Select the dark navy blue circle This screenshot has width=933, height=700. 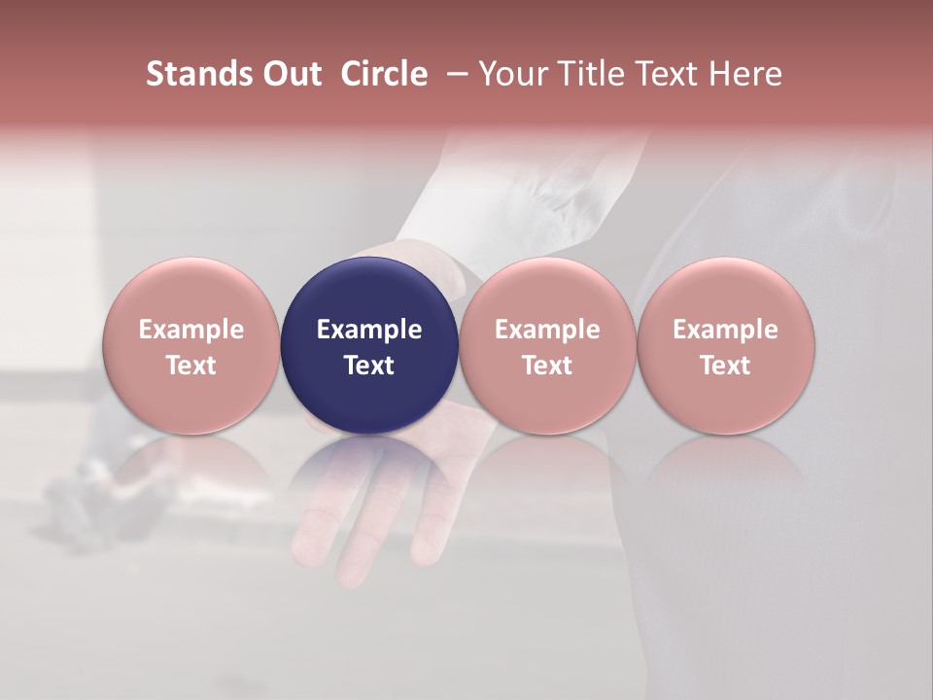(x=369, y=346)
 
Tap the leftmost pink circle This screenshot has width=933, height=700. (x=191, y=346)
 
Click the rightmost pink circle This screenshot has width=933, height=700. (x=726, y=346)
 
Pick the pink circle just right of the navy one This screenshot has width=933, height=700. (x=547, y=346)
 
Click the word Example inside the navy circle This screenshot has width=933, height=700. (x=369, y=330)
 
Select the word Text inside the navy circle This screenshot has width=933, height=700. (x=369, y=366)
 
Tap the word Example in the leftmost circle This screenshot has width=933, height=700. (x=191, y=330)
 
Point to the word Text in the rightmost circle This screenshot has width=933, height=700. (x=726, y=366)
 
